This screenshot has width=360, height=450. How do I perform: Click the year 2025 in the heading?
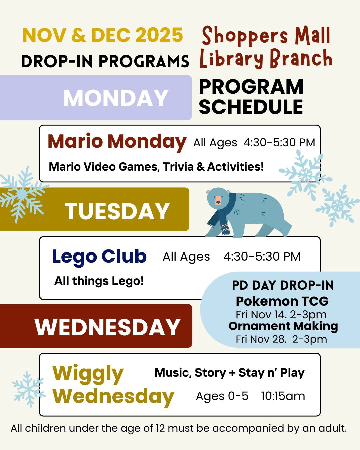point(159,35)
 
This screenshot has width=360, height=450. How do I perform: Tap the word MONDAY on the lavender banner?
point(116,98)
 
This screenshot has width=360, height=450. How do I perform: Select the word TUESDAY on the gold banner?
point(117,211)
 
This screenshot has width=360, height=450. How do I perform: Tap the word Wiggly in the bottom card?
point(88,374)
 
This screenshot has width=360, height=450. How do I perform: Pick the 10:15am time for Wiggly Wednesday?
point(283,396)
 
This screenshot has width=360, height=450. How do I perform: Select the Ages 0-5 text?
point(222,396)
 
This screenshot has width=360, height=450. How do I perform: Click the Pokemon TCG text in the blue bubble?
point(282,301)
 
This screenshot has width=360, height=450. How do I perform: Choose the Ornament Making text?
point(283,326)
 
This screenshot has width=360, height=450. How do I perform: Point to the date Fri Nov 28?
point(261,339)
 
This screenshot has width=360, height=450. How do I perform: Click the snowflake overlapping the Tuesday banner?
point(22,195)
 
